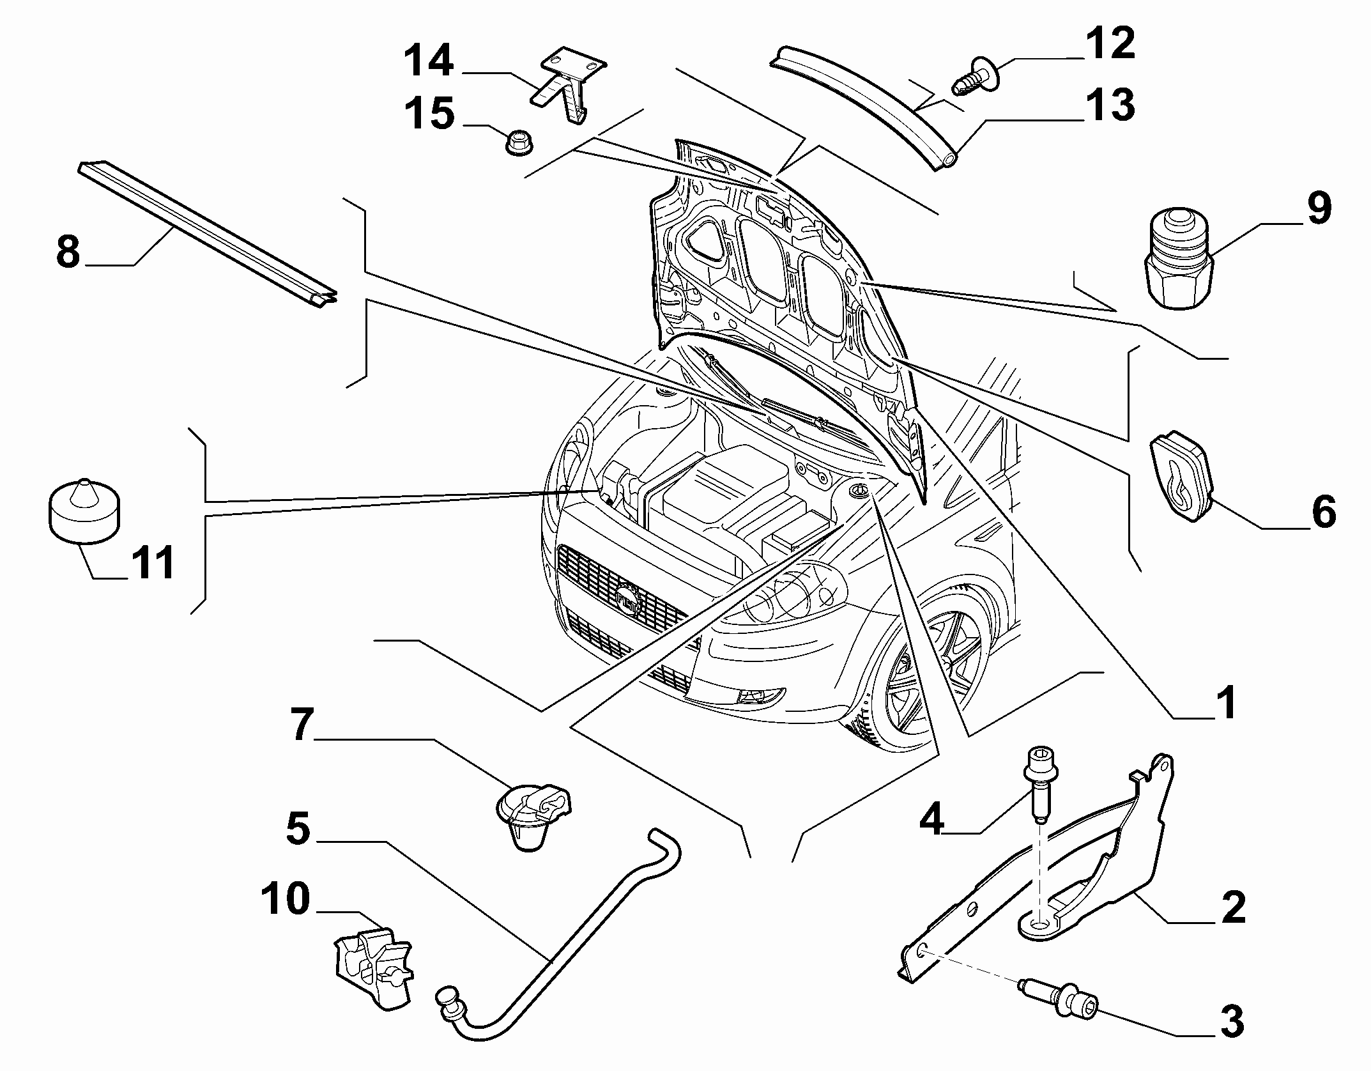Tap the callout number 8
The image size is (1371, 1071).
tap(68, 252)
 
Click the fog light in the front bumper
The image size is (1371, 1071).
tap(760, 697)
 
